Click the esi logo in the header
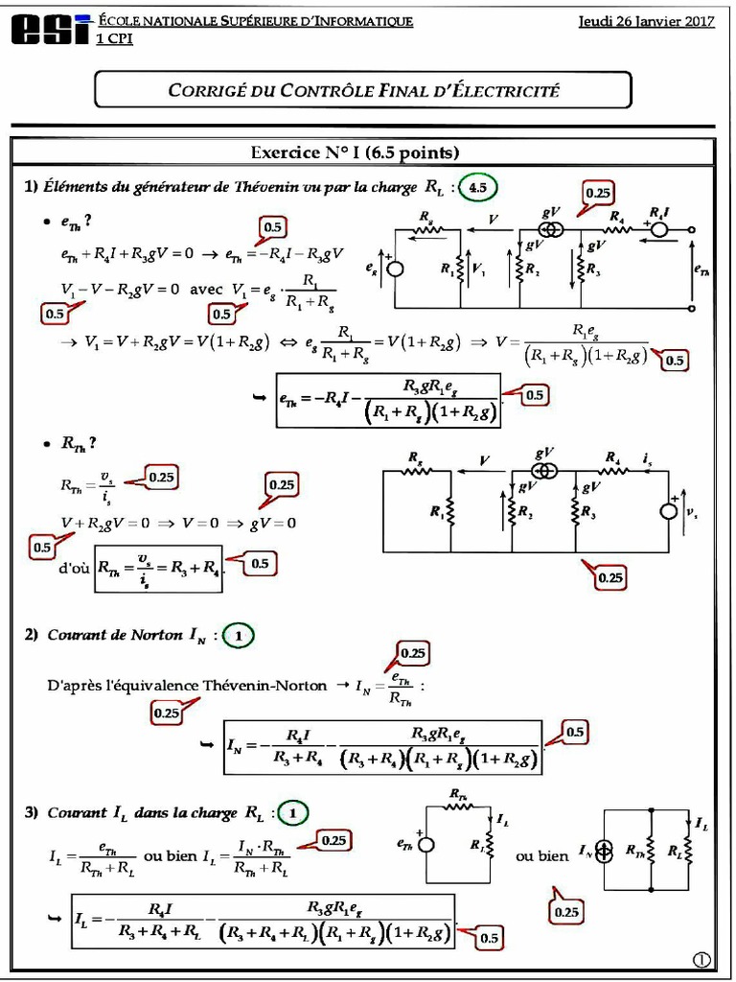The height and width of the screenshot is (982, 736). pos(50,30)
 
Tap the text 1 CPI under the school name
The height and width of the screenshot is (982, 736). pos(114,38)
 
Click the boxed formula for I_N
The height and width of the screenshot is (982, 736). pos(382,747)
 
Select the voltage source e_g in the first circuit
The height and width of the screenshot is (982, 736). pos(395,270)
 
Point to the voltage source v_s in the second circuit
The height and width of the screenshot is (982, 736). pos(669,512)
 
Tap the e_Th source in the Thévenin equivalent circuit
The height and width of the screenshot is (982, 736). pos(425,845)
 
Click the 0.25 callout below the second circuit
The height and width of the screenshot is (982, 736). pos(609,577)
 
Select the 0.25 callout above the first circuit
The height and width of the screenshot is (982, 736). pos(598,193)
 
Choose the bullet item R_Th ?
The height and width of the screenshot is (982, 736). pos(79,443)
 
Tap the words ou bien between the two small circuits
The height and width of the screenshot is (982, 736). pos(541,855)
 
